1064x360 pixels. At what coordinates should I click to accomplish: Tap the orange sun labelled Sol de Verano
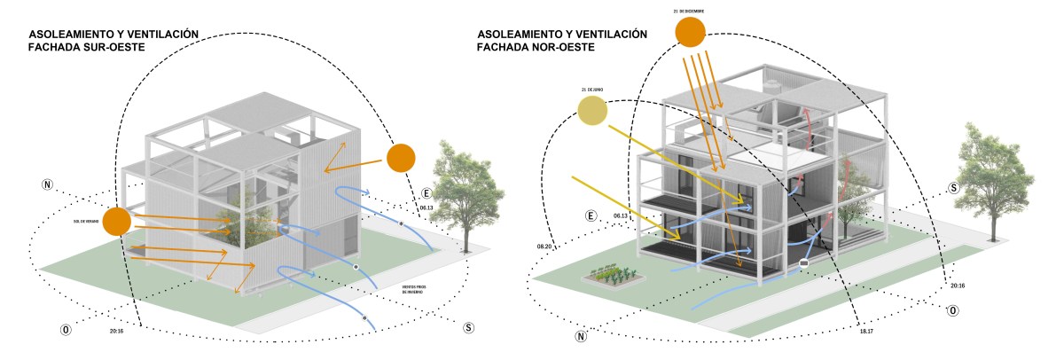point(117,222)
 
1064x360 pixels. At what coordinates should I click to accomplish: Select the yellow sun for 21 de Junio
point(592,111)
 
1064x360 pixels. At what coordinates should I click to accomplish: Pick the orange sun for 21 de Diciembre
point(690,32)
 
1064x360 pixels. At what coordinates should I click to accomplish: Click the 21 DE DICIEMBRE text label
point(690,12)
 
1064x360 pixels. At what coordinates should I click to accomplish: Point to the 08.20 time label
point(544,247)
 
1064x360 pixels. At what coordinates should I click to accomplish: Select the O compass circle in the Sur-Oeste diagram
point(65,330)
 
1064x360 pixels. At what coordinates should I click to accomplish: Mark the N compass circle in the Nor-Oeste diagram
point(581,336)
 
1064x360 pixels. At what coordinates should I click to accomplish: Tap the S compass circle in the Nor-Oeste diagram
point(953,188)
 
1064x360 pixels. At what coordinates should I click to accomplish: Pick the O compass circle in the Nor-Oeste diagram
point(951,310)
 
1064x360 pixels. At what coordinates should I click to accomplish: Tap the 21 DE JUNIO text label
point(592,90)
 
